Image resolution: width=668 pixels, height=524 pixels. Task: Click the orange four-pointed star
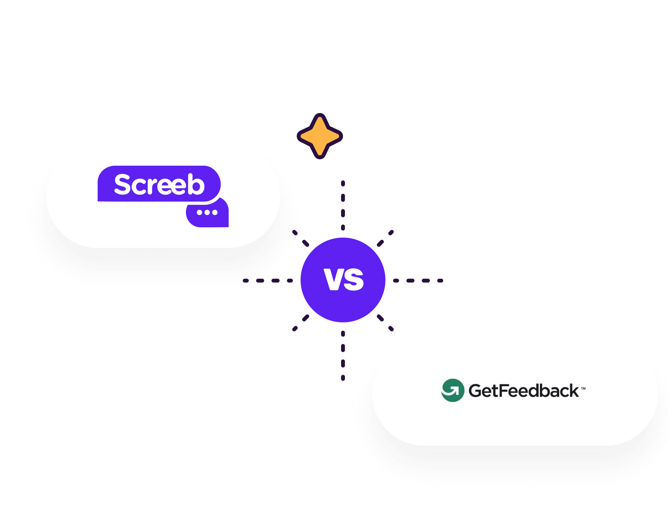coord(320,136)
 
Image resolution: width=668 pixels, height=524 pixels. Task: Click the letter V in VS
coord(334,279)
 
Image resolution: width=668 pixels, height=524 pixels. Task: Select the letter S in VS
coord(354,280)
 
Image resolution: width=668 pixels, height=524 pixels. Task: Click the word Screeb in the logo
coord(159,184)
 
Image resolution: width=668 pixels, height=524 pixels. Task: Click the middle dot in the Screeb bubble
coord(207,212)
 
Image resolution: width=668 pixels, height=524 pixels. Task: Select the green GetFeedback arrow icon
coord(453,390)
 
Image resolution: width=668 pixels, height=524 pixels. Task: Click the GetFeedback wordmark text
coord(523,391)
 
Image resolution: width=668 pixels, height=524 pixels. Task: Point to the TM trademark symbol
coord(583,389)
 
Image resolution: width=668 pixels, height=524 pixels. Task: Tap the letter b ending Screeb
coord(196,184)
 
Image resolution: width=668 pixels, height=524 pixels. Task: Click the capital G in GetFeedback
coord(476,391)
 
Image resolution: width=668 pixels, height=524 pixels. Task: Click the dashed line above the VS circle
coord(343,205)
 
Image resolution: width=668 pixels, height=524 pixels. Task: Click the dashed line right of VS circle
coord(418,281)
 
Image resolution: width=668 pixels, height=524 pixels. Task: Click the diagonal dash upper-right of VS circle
coord(385,238)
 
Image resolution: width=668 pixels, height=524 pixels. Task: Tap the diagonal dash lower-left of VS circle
coord(301,323)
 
